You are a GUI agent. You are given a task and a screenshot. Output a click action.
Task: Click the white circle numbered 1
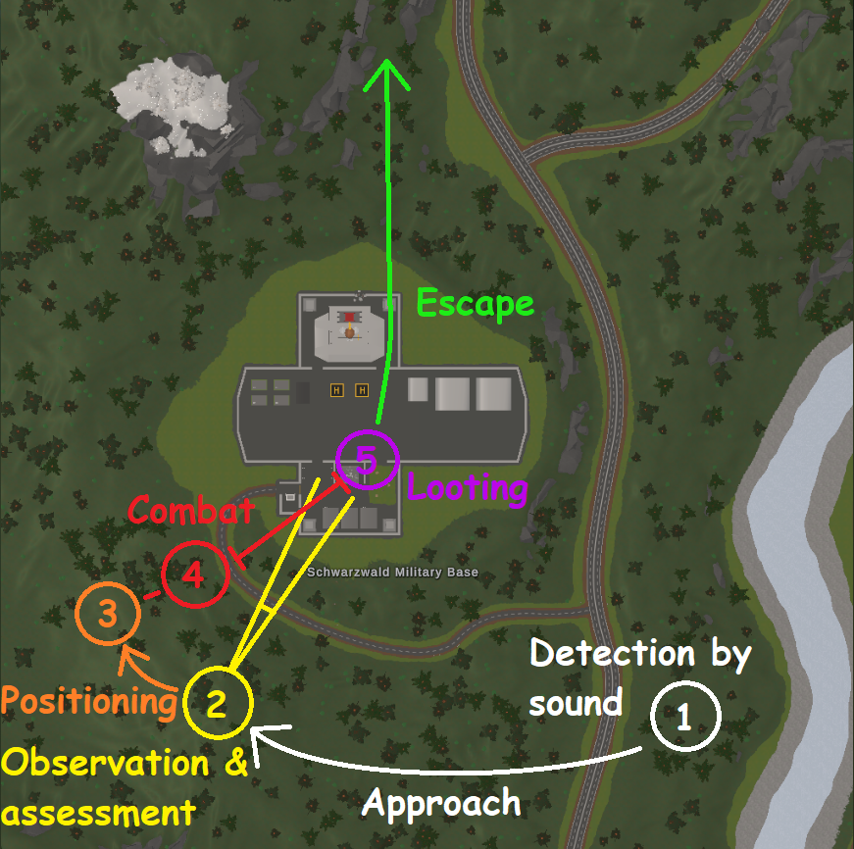(683, 717)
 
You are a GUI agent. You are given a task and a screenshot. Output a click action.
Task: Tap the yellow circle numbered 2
(217, 702)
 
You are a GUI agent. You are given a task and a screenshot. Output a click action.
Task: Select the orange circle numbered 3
(108, 615)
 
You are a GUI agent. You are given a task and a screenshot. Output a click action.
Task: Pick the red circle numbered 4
(195, 574)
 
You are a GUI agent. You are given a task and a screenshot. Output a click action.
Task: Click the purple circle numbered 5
(367, 460)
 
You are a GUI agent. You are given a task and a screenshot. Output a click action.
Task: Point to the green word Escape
(476, 303)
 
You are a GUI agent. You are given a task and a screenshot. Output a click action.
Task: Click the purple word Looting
(467, 487)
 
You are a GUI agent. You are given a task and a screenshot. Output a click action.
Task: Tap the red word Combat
(192, 510)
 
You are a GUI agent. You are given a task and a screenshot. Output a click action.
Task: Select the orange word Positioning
(88, 701)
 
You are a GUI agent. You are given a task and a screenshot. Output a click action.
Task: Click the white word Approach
(441, 803)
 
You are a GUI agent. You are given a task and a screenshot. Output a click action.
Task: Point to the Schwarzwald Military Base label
(392, 573)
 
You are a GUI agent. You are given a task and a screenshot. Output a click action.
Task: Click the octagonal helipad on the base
(348, 328)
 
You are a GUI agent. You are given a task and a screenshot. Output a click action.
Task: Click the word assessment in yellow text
(95, 813)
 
